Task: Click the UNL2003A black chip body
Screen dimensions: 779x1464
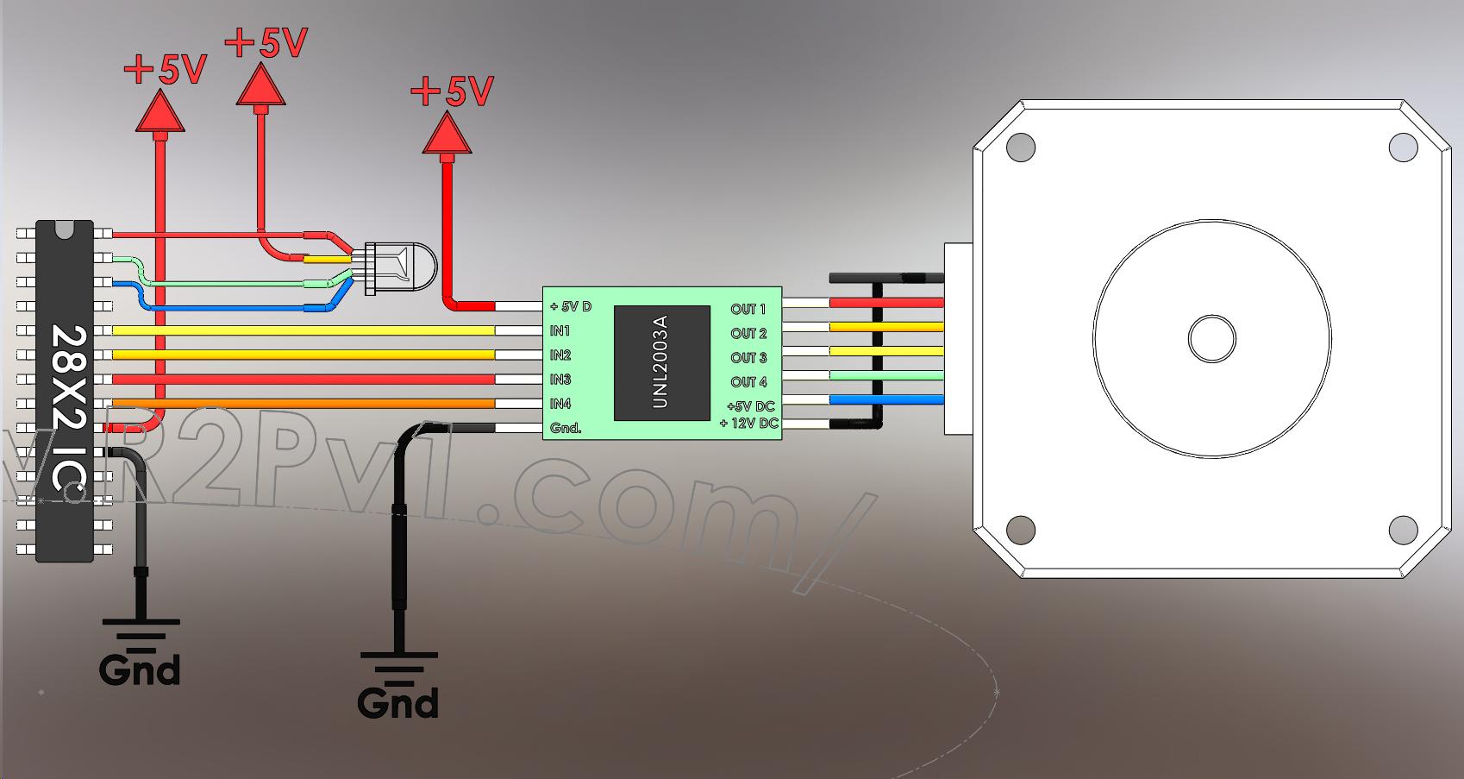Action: point(661,361)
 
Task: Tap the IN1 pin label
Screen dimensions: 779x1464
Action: point(560,331)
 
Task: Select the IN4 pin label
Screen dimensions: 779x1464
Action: point(560,404)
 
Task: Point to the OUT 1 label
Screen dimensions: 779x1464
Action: point(748,309)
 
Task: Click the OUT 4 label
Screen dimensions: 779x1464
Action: point(748,381)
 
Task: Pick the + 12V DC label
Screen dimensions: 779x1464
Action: point(748,424)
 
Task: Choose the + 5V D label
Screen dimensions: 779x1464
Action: point(571,306)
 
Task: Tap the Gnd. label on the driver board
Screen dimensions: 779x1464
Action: point(566,428)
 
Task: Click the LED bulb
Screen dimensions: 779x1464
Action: point(405,267)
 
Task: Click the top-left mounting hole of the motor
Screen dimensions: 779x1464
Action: point(1020,147)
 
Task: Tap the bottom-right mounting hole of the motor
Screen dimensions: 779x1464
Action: point(1403,529)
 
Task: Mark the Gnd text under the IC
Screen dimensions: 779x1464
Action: point(140,669)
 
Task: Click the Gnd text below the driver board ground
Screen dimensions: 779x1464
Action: point(398,702)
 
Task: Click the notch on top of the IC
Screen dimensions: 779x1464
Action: point(65,228)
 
